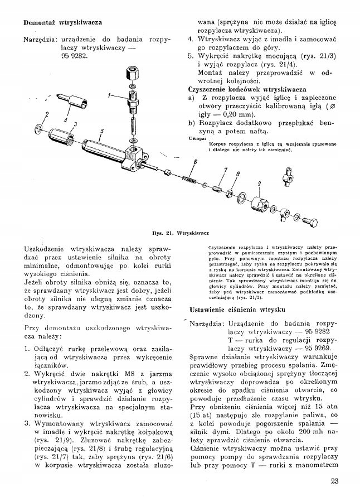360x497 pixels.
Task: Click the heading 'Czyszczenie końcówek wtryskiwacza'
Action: point(247,89)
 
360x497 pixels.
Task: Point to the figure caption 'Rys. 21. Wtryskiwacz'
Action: point(179,230)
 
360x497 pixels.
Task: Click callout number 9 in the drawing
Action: point(259,184)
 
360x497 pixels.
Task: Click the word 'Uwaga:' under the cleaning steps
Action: point(197,138)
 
